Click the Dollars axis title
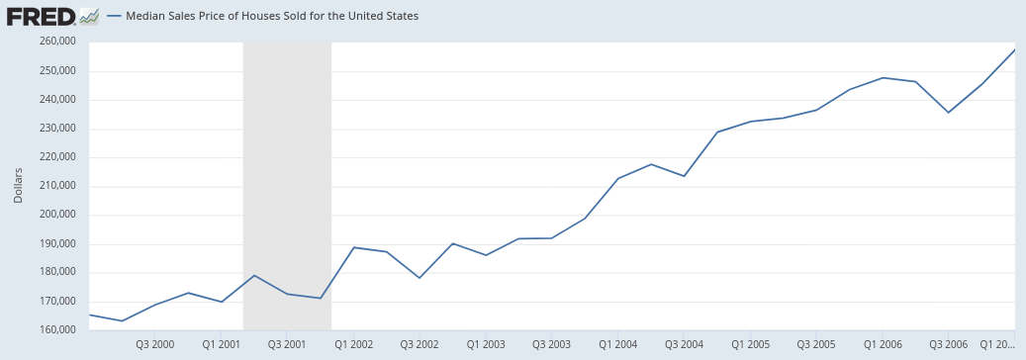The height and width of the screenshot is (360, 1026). click(x=18, y=186)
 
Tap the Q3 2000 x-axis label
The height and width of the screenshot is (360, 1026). click(x=155, y=344)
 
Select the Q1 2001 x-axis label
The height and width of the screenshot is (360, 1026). click(x=221, y=344)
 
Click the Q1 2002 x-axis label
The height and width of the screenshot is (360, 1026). click(x=353, y=344)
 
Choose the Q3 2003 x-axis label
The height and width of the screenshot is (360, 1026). click(x=552, y=344)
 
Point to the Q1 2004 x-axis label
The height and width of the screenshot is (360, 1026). click(x=618, y=344)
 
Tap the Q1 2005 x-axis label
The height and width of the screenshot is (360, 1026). click(x=751, y=344)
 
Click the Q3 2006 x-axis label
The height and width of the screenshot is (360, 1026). click(x=949, y=344)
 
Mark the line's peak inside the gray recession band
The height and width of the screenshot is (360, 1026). click(x=254, y=275)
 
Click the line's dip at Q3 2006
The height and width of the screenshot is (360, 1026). click(x=949, y=113)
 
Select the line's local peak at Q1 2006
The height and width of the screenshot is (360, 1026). click(x=883, y=77)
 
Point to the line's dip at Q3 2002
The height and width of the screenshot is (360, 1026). click(x=420, y=278)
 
